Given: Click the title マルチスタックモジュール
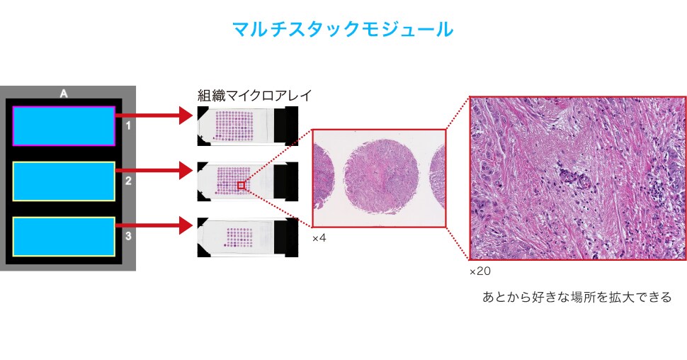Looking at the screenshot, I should [x=343, y=29].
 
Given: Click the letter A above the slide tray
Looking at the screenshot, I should [x=64, y=93].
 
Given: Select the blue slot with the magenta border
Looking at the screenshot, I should [x=64, y=126].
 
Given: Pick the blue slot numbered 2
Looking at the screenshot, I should [x=64, y=181].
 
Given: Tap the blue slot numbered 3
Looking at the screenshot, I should [x=64, y=236].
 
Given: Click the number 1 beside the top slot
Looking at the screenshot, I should [x=128, y=126].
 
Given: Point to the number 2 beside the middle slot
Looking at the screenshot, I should [x=128, y=181].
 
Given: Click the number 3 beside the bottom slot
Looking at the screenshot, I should [x=128, y=235].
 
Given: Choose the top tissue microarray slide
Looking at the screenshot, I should [x=249, y=126].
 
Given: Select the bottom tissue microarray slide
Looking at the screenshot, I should [x=249, y=236].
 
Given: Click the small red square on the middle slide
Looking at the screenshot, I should [x=242, y=185].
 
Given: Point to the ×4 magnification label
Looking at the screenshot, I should [x=319, y=238].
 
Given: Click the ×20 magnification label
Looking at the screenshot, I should [x=479, y=271].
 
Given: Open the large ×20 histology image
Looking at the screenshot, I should [x=577, y=177].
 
